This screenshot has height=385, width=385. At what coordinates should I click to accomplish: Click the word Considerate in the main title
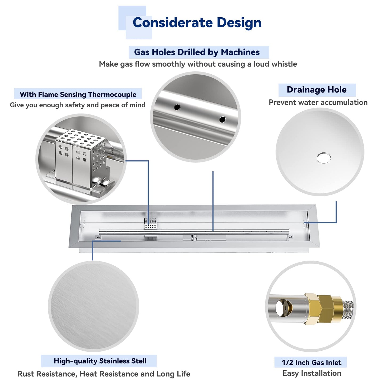point(173,22)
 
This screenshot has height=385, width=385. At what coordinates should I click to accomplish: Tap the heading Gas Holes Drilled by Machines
point(197,52)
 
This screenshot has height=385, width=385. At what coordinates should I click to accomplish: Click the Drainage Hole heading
point(317,90)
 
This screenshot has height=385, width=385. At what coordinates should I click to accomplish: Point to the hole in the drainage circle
point(323,158)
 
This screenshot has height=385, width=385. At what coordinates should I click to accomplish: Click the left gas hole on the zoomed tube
point(177,107)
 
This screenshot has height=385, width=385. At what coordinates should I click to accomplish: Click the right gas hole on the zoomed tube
point(222,119)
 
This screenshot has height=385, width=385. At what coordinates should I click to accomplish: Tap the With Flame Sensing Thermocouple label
point(78,94)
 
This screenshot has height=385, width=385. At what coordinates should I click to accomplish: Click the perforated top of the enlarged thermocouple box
point(81,137)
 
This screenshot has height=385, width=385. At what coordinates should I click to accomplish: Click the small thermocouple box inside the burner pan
point(151,224)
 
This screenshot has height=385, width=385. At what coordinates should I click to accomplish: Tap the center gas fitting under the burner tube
point(193,238)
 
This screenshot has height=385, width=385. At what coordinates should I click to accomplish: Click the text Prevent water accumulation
point(318,103)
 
